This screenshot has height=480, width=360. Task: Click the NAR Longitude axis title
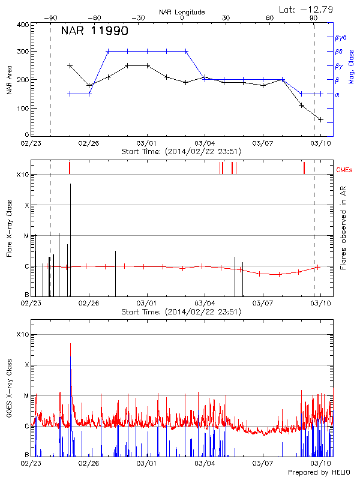[x=182, y=12]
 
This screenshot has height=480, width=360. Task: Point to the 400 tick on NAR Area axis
[x=22, y=25]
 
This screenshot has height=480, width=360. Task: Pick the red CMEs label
[x=345, y=170]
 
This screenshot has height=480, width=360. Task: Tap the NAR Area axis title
[x=9, y=81]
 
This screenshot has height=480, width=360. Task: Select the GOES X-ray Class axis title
[x=9, y=395]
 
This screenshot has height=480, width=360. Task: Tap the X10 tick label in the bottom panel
[x=22, y=334]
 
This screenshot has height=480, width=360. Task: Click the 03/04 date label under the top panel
[x=205, y=143]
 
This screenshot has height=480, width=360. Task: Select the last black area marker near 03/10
[x=320, y=119]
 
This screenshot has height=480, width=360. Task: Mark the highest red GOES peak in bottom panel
[x=70, y=344]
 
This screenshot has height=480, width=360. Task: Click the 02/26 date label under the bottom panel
[x=89, y=463]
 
